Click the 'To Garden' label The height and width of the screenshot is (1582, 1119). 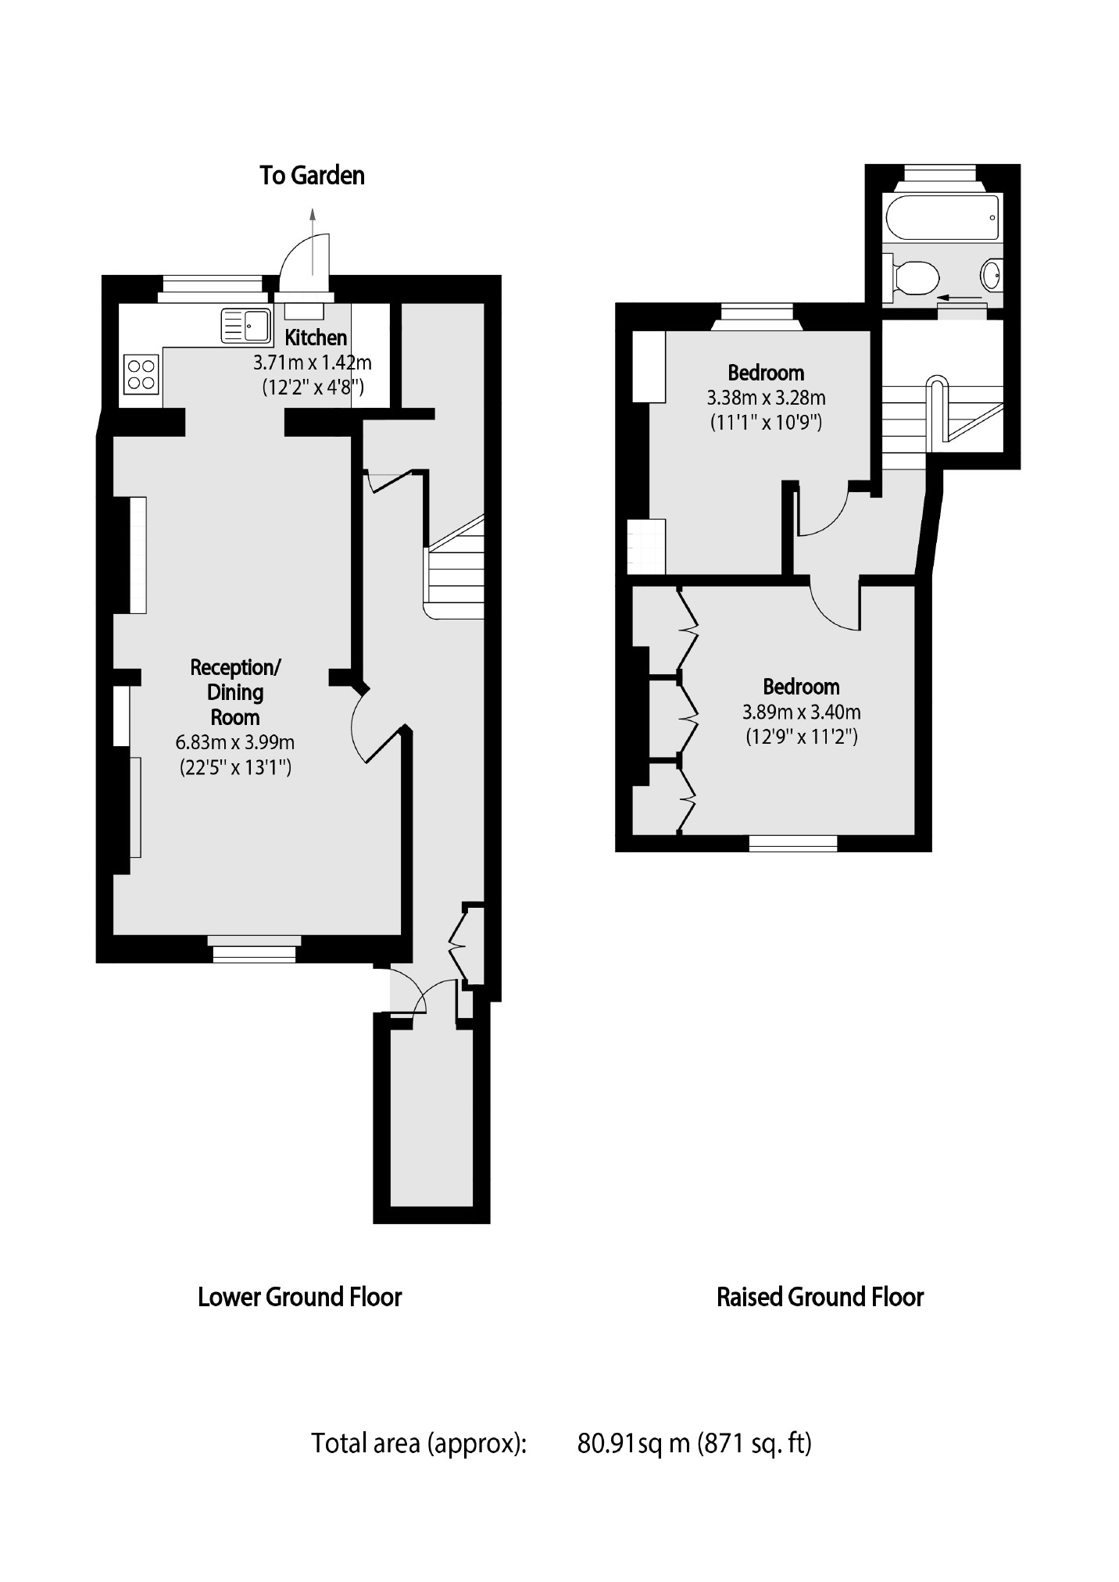tap(312, 175)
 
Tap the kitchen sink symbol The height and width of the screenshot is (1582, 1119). tap(245, 326)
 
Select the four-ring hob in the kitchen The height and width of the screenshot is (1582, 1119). tap(141, 373)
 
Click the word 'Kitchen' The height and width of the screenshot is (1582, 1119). tap(316, 337)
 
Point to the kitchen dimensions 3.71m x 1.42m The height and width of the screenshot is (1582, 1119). tap(312, 362)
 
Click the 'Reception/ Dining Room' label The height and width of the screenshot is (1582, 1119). tap(235, 692)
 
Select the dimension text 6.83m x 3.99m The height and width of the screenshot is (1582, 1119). tap(235, 742)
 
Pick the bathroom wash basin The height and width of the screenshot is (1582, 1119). tap(991, 274)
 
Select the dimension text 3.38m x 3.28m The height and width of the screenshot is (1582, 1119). tap(766, 398)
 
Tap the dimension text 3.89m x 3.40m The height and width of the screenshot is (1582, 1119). tap(801, 712)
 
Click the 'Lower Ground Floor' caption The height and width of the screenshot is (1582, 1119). tap(299, 1298)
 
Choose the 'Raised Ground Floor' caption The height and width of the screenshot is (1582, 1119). tap(820, 1298)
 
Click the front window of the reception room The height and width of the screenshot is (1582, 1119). tap(255, 948)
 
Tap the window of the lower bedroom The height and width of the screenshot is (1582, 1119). tap(793, 843)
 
